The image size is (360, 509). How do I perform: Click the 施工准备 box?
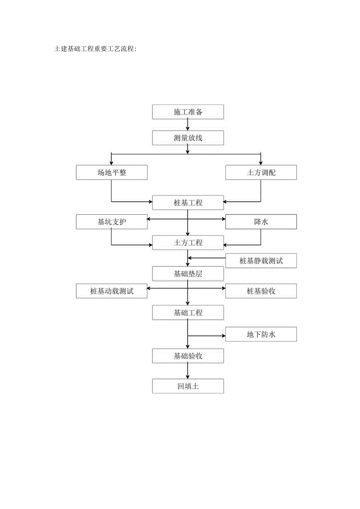coord(188,112)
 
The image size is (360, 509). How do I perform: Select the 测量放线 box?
coord(188,138)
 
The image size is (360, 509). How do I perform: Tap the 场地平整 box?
coord(112,173)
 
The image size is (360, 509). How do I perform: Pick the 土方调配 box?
coord(261,173)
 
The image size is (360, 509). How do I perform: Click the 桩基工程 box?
coord(188,203)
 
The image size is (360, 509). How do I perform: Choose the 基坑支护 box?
coord(112,222)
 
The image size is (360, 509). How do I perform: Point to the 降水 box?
coord(261,222)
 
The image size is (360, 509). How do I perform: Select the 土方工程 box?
coord(188,243)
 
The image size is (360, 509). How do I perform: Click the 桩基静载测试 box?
coord(261,261)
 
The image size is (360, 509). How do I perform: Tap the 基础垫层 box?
coord(188,274)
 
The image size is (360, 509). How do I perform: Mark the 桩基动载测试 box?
coord(112,291)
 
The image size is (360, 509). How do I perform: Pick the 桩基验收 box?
coord(261,291)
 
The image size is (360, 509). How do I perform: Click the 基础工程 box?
coord(188,313)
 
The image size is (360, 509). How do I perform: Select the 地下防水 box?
coord(261,335)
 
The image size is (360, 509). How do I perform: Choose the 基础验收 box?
coord(188,356)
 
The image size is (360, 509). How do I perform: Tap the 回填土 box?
coord(188,386)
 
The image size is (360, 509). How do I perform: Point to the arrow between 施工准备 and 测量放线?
coord(188,125)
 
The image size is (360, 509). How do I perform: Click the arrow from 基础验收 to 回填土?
coord(188,371)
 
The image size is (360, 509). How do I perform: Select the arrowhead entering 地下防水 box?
coord(223,335)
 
